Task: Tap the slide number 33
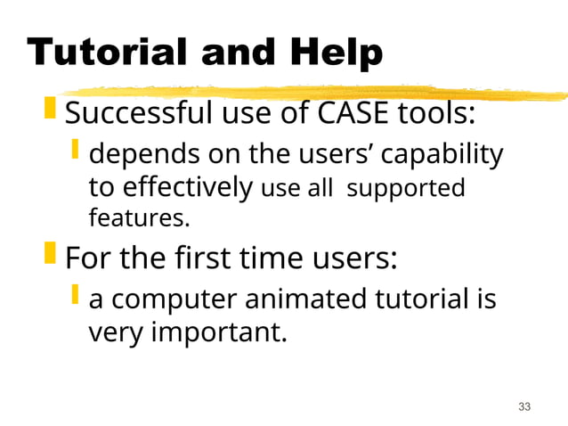click(x=523, y=407)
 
